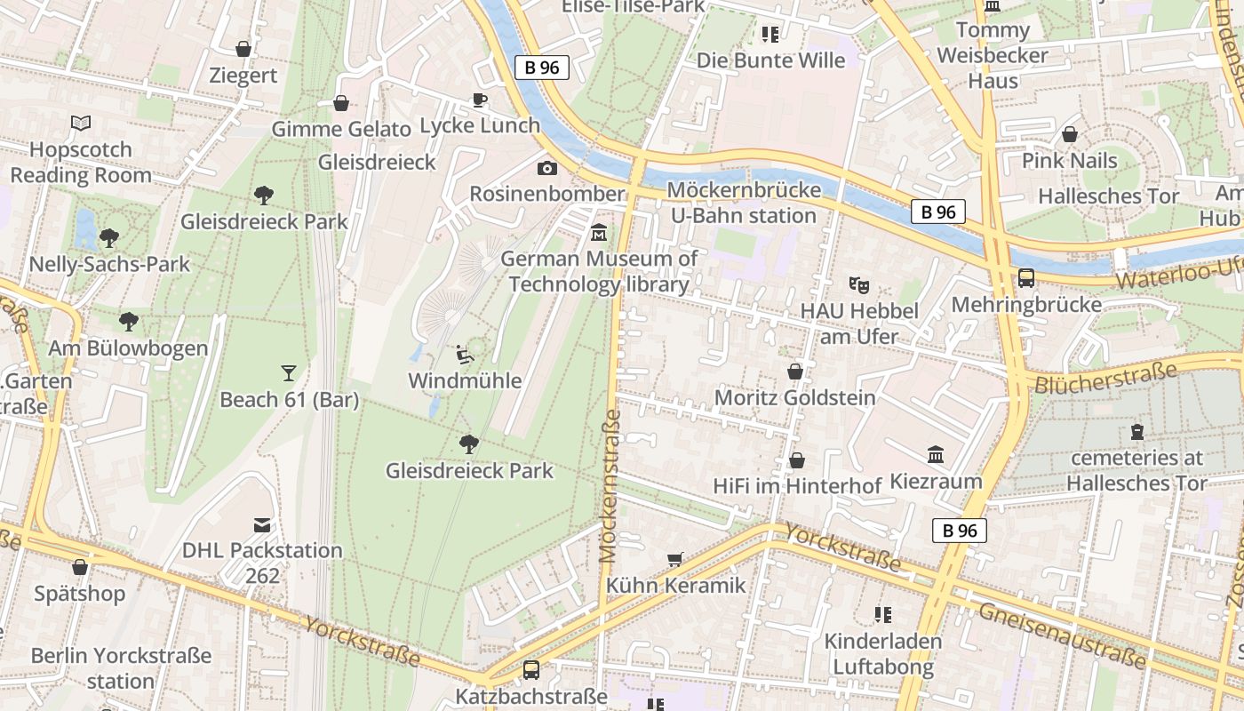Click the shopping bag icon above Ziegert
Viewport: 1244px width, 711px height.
[x=243, y=49]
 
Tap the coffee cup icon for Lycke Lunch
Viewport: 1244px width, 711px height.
[x=480, y=100]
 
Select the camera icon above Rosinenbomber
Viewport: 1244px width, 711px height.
[x=547, y=168]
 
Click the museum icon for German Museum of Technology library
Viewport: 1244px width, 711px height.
[x=600, y=233]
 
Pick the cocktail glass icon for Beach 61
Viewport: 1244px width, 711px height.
[x=289, y=373]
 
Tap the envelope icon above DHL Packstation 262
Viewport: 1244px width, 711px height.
[x=262, y=525]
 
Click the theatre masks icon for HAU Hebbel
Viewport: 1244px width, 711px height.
[x=858, y=285]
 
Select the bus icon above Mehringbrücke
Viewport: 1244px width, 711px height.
[x=1026, y=278]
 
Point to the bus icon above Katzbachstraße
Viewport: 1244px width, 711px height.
[x=531, y=670]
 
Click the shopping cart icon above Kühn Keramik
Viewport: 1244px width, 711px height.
[x=675, y=560]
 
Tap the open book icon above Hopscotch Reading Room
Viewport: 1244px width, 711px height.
[x=81, y=124]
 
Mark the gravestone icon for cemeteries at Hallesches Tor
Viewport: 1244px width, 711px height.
[x=1136, y=433]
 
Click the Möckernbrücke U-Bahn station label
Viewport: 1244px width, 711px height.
[x=741, y=203]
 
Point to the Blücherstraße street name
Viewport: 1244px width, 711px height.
[x=1106, y=377]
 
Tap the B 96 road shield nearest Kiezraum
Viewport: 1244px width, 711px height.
[x=960, y=531]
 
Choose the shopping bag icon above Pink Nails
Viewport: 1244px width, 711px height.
[x=1070, y=134]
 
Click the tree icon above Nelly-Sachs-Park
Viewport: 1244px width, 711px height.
[x=109, y=237]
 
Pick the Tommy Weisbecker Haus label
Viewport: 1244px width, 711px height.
[x=993, y=55]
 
